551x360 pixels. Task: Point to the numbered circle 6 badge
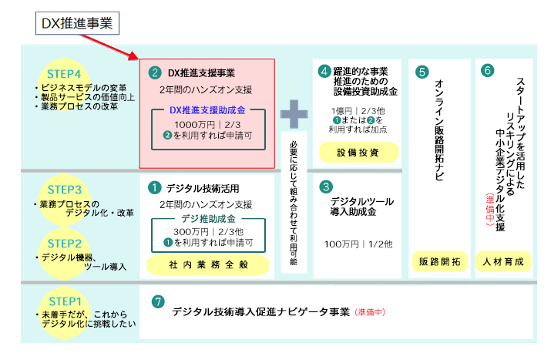(x=487, y=70)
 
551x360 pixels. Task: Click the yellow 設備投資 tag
(x=358, y=152)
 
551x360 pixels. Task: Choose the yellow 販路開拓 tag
(x=440, y=261)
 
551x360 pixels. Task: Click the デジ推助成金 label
(x=207, y=218)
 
